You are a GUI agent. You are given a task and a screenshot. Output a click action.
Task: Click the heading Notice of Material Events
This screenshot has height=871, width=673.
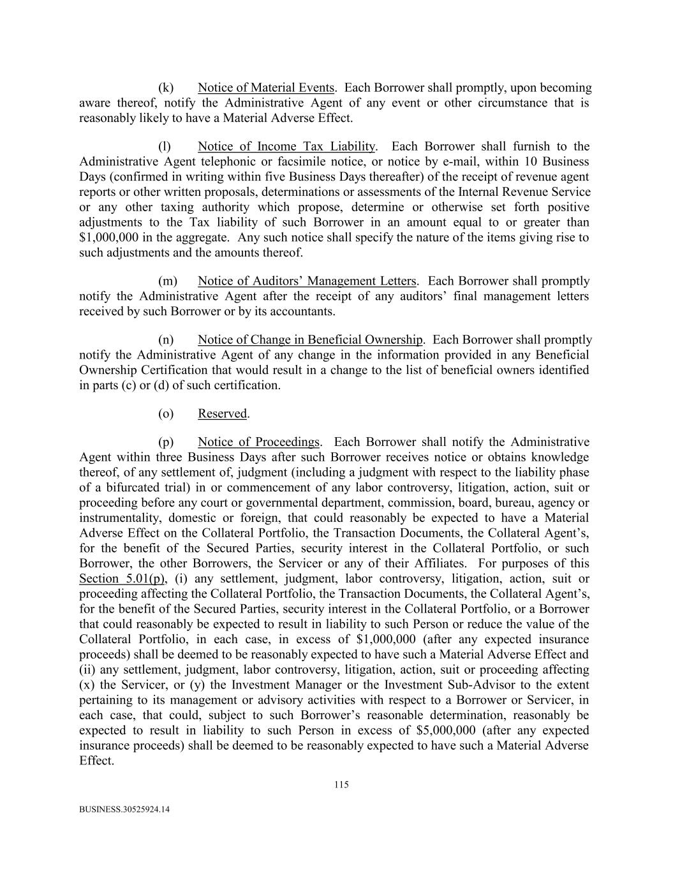pos(266,88)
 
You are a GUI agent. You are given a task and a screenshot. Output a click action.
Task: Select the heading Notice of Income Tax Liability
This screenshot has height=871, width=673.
pos(286,147)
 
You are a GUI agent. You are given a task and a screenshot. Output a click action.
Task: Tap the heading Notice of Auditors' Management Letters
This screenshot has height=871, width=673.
pos(307,281)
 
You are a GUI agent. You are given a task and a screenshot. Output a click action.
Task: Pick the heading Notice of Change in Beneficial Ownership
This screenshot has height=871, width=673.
pos(310,340)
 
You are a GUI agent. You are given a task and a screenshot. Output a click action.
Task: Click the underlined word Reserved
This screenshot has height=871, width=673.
pos(222,414)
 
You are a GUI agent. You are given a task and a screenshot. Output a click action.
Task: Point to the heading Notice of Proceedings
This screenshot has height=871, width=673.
pos(258,442)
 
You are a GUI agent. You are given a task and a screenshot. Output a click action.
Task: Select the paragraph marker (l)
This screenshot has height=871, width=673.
pos(165,147)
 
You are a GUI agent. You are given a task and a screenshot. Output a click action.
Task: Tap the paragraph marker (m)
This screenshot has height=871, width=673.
pos(167,281)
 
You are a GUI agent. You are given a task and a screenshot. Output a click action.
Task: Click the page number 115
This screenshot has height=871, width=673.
pos(341,785)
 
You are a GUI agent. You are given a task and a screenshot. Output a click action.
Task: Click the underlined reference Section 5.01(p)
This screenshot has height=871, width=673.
pos(122,579)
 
